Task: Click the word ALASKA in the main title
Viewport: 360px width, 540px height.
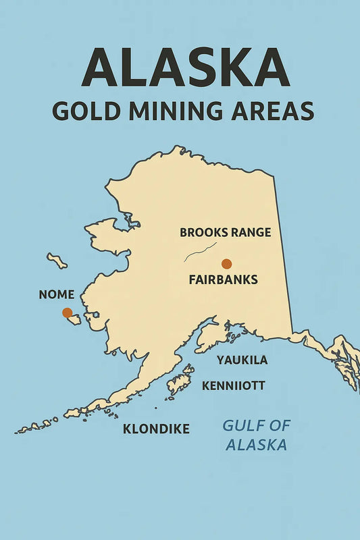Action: click(180, 68)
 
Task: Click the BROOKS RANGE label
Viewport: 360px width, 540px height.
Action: click(225, 233)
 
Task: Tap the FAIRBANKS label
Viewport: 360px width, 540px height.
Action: click(223, 279)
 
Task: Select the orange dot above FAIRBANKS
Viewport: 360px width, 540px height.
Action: click(226, 264)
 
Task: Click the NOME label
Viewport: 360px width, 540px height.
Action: click(57, 295)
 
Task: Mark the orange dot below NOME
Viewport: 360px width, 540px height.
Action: click(67, 313)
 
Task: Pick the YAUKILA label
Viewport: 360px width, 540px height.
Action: click(242, 360)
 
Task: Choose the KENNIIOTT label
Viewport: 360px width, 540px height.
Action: click(234, 386)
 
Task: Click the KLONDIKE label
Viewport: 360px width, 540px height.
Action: click(156, 429)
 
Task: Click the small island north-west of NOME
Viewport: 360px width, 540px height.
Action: click(57, 261)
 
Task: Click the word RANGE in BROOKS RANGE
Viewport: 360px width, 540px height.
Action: click(250, 233)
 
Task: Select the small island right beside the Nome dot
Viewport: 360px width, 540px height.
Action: click(74, 319)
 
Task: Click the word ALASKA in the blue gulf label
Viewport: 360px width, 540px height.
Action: click(256, 445)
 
